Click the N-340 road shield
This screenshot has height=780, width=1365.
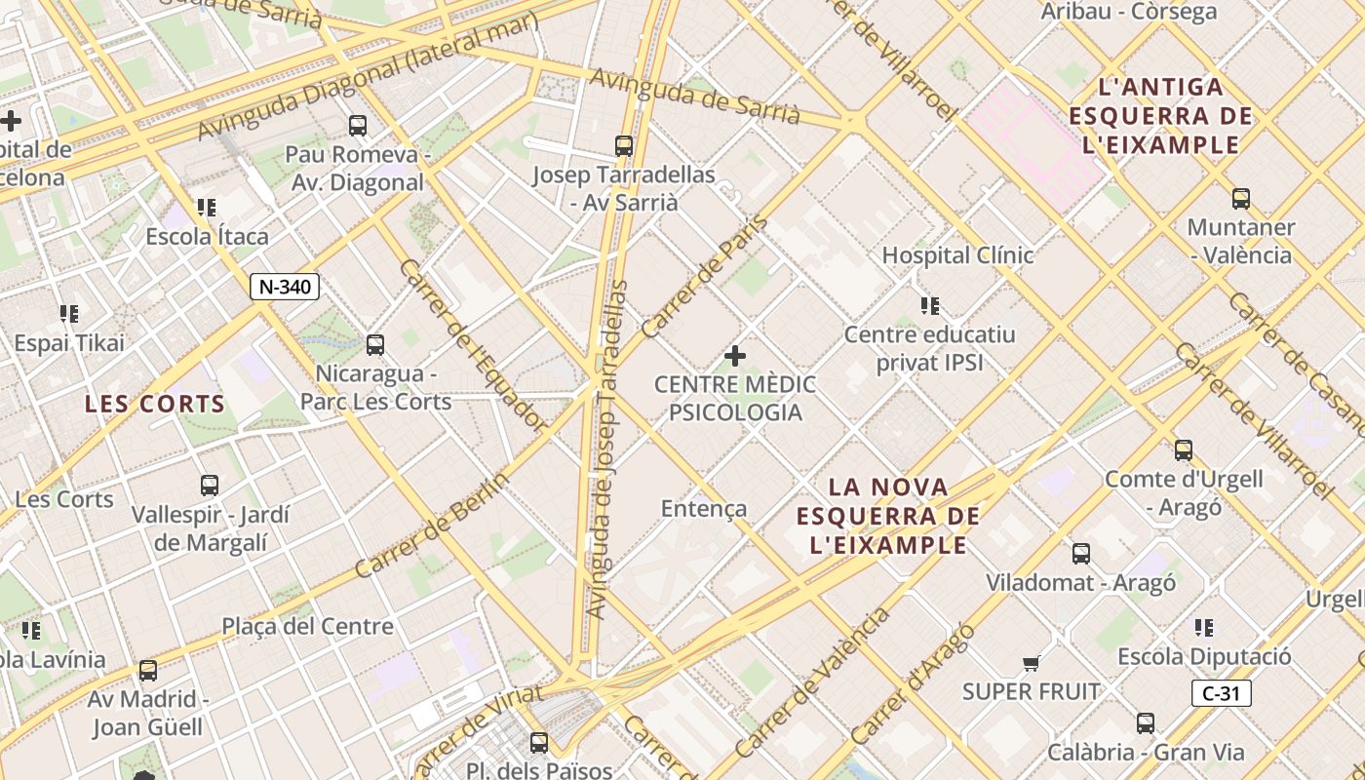coord(285,287)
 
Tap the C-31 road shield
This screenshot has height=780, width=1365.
coord(1221,693)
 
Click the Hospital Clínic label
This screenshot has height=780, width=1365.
coord(957,255)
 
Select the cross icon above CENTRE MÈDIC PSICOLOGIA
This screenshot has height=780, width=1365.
coord(735,356)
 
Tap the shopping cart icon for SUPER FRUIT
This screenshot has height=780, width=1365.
coord(1031,664)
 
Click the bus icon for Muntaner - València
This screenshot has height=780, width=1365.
coord(1241,199)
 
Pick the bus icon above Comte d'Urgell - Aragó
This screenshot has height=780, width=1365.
coord(1184,450)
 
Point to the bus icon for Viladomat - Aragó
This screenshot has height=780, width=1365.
coord(1081,554)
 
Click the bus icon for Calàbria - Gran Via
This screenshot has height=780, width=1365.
coord(1146,723)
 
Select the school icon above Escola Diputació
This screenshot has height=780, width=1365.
coord(1204,628)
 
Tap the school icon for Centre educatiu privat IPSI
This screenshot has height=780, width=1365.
coord(930,306)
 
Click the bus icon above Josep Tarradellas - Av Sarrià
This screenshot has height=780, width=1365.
coord(624,146)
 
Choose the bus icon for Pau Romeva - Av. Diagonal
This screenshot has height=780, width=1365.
coord(358,125)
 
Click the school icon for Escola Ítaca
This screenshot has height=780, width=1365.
coord(207,208)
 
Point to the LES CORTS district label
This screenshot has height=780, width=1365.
coord(155,404)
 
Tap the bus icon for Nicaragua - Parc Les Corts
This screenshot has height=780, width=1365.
coord(375,345)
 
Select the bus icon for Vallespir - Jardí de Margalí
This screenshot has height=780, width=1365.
coord(210,486)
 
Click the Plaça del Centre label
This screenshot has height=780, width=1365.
coord(307,626)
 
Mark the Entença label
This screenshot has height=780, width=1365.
coord(704,508)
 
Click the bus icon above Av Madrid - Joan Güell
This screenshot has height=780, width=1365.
coord(148,671)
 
